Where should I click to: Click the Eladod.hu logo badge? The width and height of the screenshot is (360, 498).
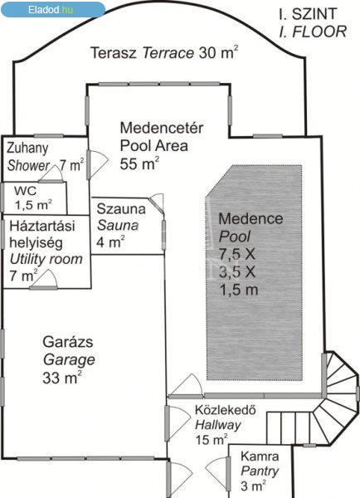(x=53, y=9)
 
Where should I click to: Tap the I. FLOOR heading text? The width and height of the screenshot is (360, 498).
(x=313, y=32)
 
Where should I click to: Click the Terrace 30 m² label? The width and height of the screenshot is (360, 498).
(x=164, y=52)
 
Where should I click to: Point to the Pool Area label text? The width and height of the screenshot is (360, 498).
(x=154, y=146)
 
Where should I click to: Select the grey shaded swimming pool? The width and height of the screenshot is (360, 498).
(x=254, y=272)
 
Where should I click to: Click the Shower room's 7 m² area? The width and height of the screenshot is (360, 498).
(x=71, y=164)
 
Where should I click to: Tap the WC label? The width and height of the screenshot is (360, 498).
(x=25, y=191)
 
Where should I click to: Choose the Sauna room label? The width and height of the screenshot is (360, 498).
(x=118, y=225)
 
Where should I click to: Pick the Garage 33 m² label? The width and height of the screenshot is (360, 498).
(x=69, y=360)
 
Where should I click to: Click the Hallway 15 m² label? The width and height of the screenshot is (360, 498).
(x=225, y=425)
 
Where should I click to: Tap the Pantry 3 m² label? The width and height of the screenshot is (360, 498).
(x=260, y=471)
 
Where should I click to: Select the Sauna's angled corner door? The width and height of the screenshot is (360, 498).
(x=157, y=203)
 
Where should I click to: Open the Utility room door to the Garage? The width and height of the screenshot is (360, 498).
(x=44, y=281)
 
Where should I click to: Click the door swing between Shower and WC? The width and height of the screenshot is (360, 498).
(x=51, y=174)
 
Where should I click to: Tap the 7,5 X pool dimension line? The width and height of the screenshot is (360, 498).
(x=237, y=254)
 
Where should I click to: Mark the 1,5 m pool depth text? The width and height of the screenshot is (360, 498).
(x=239, y=290)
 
